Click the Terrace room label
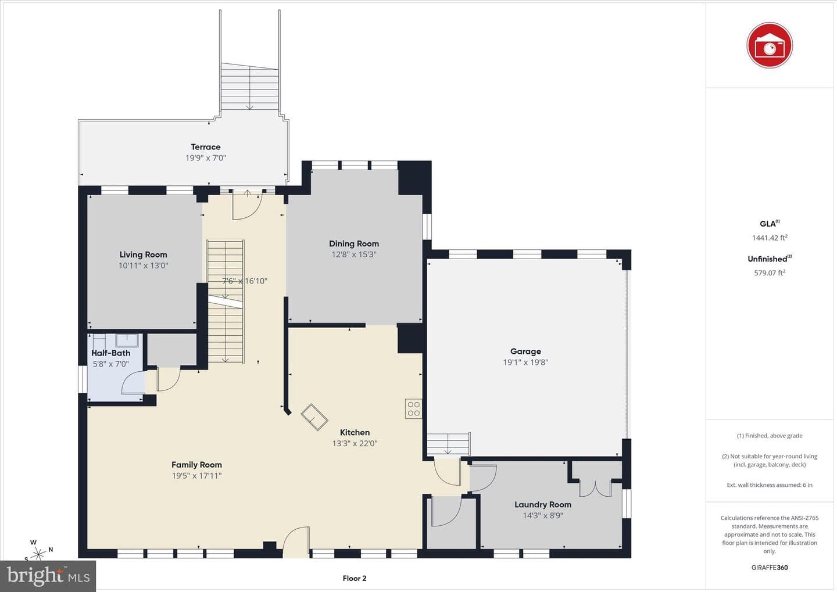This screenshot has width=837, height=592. click(x=206, y=147)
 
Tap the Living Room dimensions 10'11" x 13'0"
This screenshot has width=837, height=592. click(x=144, y=265)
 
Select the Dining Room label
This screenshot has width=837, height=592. click(x=354, y=243)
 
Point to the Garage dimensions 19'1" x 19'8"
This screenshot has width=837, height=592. click(x=525, y=362)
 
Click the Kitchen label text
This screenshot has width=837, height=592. click(x=355, y=432)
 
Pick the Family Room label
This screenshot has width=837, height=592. click(x=196, y=465)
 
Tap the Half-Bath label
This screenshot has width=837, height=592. click(x=111, y=353)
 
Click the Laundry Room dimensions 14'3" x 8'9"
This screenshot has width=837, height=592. click(x=543, y=515)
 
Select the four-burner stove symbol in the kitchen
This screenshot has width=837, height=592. click(x=414, y=408)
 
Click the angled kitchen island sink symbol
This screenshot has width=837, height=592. click(x=314, y=417)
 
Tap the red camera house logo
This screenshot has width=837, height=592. click(x=770, y=45)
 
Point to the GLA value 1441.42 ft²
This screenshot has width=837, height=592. click(x=770, y=238)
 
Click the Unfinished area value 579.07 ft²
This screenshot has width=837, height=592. click(x=770, y=272)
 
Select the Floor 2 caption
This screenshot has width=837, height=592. click(x=355, y=578)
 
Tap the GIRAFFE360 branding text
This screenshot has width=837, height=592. click(x=770, y=568)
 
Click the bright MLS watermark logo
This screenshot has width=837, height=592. click(x=48, y=576)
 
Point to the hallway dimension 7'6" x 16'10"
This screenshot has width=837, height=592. click(x=245, y=281)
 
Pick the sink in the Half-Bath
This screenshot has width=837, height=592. click(x=127, y=340)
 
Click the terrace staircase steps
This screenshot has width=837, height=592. click(x=249, y=87)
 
